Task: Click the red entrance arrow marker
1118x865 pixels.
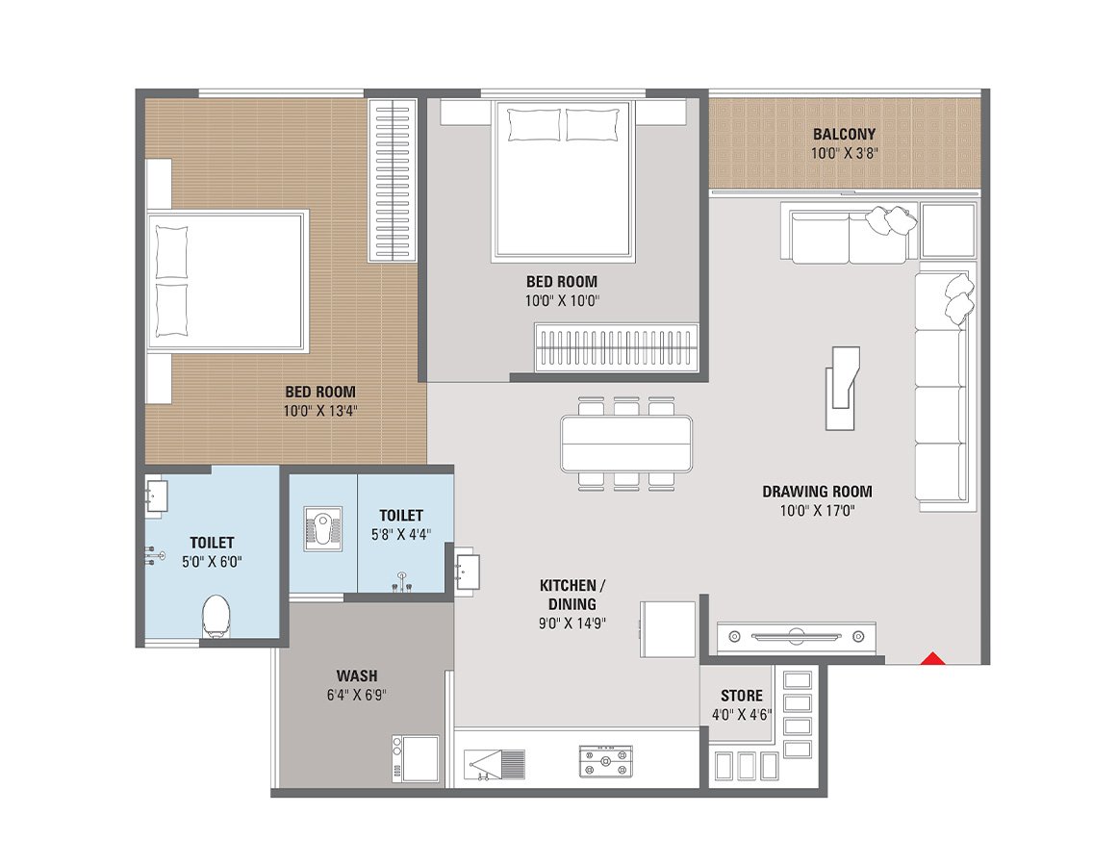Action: point(931,659)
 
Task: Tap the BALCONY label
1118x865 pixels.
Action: point(844,135)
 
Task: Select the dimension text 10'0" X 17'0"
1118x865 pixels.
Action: point(817,510)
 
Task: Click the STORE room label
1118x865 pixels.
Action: point(741,696)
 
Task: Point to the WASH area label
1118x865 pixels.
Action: point(356,675)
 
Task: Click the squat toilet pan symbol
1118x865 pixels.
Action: point(322,529)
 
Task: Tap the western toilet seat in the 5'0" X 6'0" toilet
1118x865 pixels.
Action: point(216,617)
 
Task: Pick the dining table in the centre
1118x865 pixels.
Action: point(626,444)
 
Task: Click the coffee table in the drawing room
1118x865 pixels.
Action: point(840,389)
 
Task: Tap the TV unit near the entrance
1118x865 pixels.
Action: point(796,636)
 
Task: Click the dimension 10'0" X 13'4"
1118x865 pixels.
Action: point(320,411)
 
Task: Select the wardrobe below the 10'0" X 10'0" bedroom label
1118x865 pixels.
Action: point(616,347)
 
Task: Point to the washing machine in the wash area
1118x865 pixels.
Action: point(415,759)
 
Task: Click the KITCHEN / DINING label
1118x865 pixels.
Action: point(572,595)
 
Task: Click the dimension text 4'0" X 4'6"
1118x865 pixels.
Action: point(741,715)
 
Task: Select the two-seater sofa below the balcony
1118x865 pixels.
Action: point(849,234)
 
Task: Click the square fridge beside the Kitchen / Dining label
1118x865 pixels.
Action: point(669,629)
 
